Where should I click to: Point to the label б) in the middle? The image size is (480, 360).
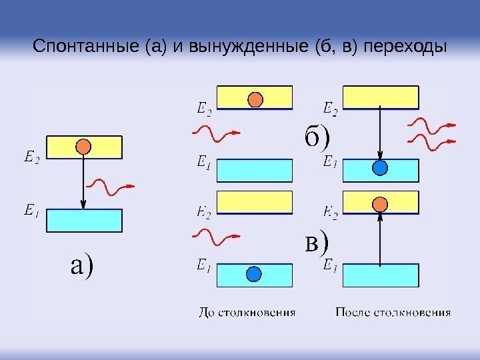tap(317, 137)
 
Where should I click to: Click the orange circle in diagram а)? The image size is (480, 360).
tap(83, 146)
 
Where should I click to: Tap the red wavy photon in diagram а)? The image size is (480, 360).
tap(111, 187)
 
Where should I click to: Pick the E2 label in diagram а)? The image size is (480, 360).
tap(31, 158)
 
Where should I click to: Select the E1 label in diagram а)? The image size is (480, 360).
tap(31, 212)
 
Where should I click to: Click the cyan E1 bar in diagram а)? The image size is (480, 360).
tap(84, 221)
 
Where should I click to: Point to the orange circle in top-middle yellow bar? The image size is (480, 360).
tap(255, 99)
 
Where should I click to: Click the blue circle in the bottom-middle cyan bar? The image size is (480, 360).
tap(253, 274)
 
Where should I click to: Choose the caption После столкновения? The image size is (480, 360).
tap(393, 312)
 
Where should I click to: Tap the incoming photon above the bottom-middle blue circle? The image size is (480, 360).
tap(215, 237)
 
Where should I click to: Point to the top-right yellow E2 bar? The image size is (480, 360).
tap(381, 97)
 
